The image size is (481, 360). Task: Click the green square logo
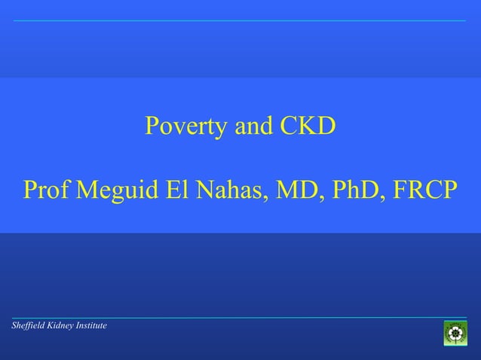pyautogui.click(x=455, y=333)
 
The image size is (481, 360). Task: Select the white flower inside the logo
pyautogui.click(x=455, y=333)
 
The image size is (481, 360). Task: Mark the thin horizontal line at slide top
pyautogui.click(x=240, y=21)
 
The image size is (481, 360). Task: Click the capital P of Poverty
pyautogui.click(x=152, y=127)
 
